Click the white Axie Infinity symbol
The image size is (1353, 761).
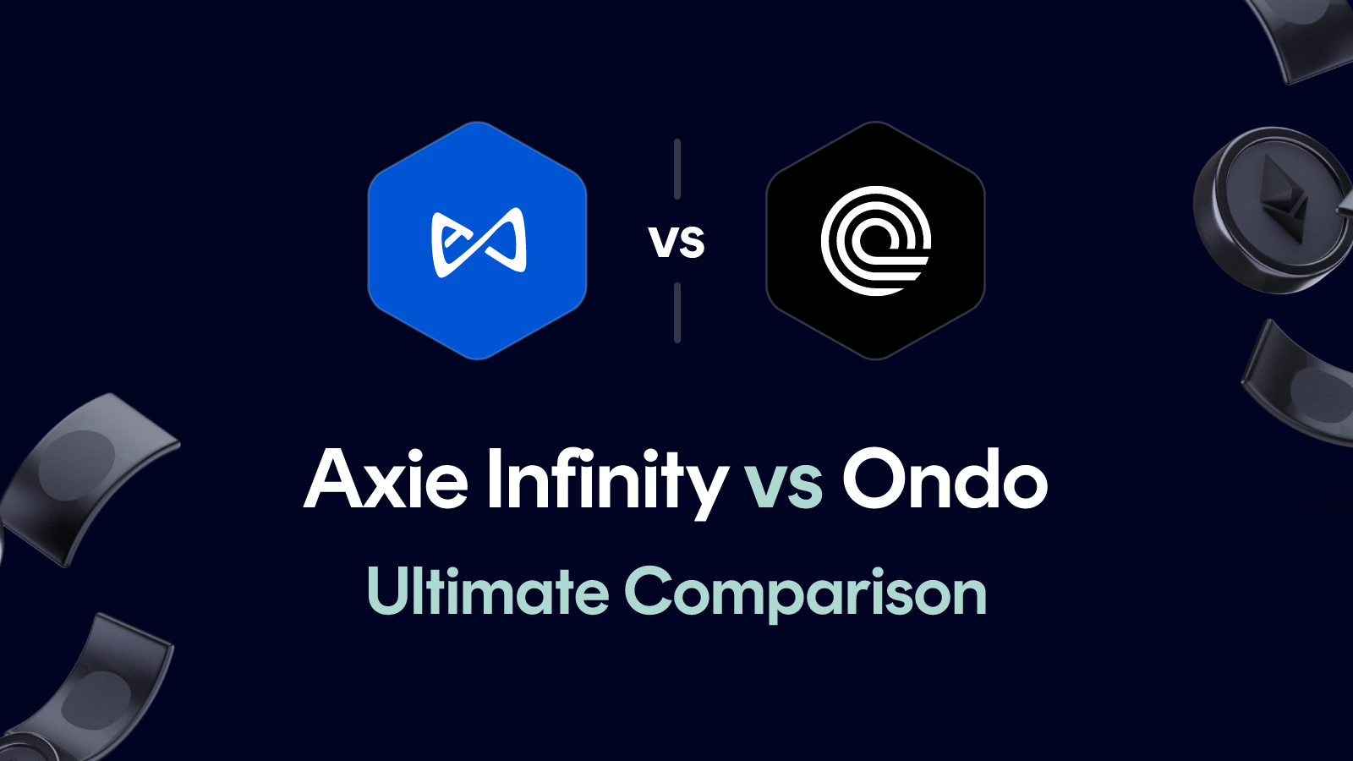(479, 242)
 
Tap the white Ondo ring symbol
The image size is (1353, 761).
(876, 241)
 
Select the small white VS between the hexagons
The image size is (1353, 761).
(676, 243)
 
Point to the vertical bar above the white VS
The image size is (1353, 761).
(677, 169)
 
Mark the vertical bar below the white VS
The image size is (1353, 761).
(677, 313)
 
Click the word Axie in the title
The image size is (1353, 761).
(386, 480)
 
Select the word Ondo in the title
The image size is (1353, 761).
(945, 480)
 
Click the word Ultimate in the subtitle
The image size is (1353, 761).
(488, 591)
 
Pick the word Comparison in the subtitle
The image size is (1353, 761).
(805, 594)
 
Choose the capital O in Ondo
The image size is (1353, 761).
(873, 480)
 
